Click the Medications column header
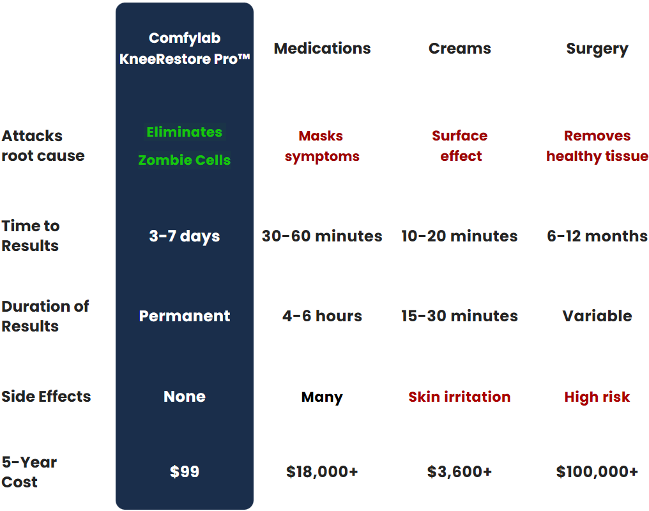[x=322, y=49]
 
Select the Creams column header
[x=459, y=49]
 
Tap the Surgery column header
[x=597, y=49]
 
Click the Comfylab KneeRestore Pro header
[x=185, y=49]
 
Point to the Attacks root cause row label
[x=43, y=146]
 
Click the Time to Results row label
[x=31, y=236]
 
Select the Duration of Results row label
[x=45, y=316]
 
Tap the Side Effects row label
[x=46, y=397]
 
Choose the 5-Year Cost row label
[x=29, y=471]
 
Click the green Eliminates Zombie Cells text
[x=185, y=146]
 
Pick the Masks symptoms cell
[x=322, y=146]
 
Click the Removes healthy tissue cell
[x=597, y=146]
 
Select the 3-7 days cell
[x=185, y=236]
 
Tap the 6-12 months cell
[x=597, y=236]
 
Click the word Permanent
[x=185, y=316]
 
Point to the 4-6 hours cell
[x=322, y=316]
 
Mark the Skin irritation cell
[x=459, y=397]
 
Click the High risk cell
[x=597, y=397]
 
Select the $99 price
[x=185, y=471]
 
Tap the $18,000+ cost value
[x=322, y=471]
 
